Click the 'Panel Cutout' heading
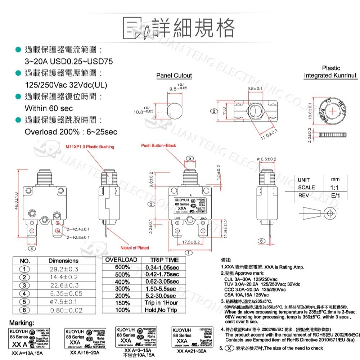click(x=174, y=76)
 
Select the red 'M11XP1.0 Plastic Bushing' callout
click(x=90, y=147)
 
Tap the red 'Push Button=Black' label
click(x=158, y=145)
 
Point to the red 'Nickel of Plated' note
click(x=134, y=248)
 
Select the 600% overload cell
click(x=122, y=267)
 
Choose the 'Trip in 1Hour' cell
click(x=161, y=303)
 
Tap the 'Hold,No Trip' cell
click(x=161, y=310)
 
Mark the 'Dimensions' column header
click(x=63, y=261)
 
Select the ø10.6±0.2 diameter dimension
click(x=266, y=159)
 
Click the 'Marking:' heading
click(x=22, y=322)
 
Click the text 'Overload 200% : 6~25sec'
click(x=71, y=132)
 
